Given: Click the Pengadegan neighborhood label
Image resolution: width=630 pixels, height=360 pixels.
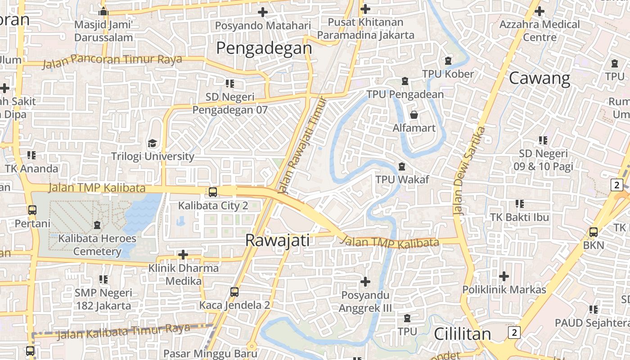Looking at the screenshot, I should click(264, 48).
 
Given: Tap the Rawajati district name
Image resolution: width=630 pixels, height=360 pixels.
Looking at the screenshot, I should click(277, 241).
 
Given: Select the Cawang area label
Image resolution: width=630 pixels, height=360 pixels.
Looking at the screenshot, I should click(540, 79).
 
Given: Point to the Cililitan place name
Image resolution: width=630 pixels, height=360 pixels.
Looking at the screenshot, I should click(462, 334).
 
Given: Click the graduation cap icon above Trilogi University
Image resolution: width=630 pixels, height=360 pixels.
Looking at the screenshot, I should click(153, 144).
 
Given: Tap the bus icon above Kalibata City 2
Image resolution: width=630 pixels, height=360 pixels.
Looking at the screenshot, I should click(213, 192).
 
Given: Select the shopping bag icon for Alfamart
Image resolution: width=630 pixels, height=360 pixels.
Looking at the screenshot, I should click(414, 115).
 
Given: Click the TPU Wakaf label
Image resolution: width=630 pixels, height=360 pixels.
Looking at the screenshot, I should click(402, 180).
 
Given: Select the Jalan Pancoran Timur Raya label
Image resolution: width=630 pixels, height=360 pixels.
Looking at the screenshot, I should click(112, 60).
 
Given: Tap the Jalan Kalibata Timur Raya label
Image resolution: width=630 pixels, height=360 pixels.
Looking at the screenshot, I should click(124, 331).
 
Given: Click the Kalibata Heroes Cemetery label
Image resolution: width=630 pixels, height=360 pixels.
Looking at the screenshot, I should click(97, 245).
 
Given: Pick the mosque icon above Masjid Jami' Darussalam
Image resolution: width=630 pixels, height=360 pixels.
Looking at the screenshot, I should click(103, 11).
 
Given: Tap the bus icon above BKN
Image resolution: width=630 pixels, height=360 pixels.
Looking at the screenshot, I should click(594, 232).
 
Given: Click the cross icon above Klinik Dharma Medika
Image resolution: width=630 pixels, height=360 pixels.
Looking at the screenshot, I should click(183, 255).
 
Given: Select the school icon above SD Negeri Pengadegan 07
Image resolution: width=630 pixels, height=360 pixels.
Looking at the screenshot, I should click(230, 83).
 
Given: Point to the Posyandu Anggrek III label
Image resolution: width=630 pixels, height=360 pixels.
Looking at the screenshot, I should click(365, 302).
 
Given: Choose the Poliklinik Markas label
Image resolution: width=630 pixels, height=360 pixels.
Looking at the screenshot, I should click(504, 289).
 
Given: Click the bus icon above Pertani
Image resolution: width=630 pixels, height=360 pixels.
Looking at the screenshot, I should click(32, 210).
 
